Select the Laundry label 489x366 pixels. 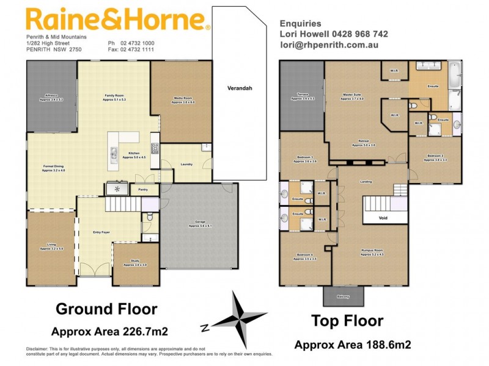(x=186, y=163)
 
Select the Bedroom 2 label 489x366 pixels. (x=436, y=158)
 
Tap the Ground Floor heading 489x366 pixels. (x=106, y=309)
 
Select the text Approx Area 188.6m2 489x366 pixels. (x=352, y=345)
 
